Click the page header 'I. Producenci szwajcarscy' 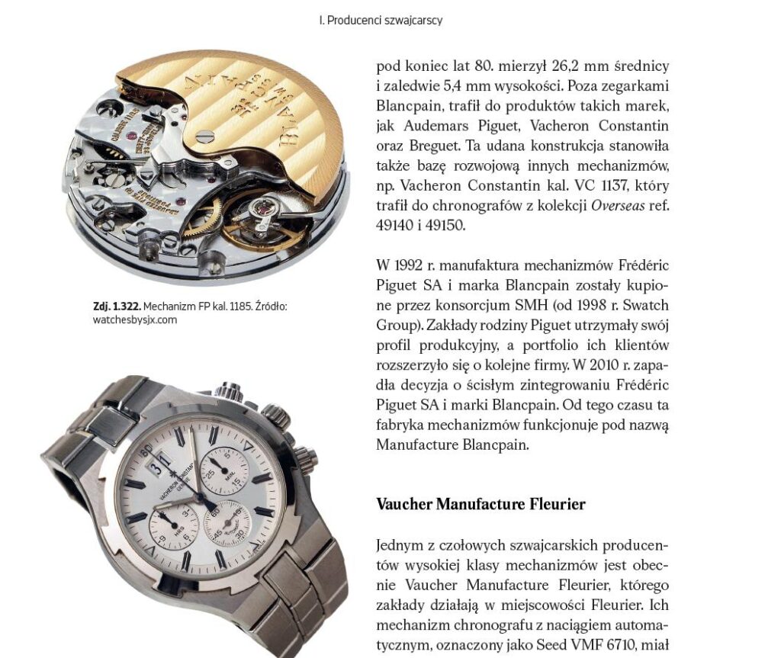tap(381, 21)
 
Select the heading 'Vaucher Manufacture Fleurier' tap(480, 505)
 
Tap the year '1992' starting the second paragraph tap(410, 265)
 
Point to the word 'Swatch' tap(648, 305)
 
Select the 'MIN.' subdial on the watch tap(225, 471)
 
